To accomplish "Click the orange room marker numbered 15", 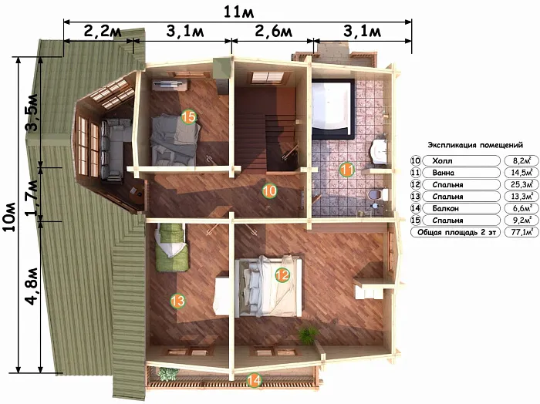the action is click(x=189, y=117).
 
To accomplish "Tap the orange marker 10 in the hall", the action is click(x=269, y=190).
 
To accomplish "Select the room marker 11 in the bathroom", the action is click(x=347, y=170).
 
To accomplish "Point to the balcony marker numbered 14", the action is click(x=254, y=380).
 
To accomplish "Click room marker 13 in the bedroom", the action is click(x=177, y=301).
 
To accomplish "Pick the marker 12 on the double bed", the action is click(x=282, y=274).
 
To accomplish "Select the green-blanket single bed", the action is click(x=171, y=247).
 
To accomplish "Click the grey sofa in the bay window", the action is click(x=116, y=150).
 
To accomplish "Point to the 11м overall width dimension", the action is click(x=238, y=12).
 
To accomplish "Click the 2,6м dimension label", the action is click(x=273, y=32).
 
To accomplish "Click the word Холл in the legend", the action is click(x=442, y=160).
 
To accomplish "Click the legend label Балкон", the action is click(x=444, y=208).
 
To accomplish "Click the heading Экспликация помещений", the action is click(x=475, y=145).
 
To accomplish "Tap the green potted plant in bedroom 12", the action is click(x=308, y=335).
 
